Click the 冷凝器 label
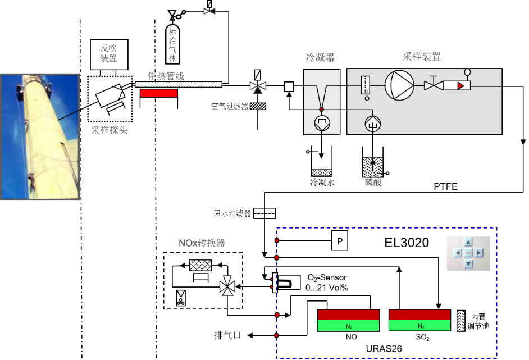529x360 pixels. point(320,57)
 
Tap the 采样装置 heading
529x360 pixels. point(421,57)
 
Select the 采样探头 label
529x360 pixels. point(110,131)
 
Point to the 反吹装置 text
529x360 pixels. point(108,53)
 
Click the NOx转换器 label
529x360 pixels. point(202,243)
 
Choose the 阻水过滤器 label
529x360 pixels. point(232,213)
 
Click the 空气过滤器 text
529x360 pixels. point(230,106)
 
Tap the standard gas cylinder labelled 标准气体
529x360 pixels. point(172,44)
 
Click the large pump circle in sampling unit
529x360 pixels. point(399,85)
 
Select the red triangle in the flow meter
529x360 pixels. point(460,86)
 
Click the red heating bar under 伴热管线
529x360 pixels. point(158,93)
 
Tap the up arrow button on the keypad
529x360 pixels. point(468,243)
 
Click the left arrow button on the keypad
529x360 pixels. point(458,253)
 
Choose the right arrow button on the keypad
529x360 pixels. point(479,253)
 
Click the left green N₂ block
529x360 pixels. point(348,326)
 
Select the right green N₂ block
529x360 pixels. point(419,326)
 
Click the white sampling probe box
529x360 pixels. point(110,95)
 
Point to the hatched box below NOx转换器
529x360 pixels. point(200,265)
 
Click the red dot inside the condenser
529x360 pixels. point(322,110)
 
